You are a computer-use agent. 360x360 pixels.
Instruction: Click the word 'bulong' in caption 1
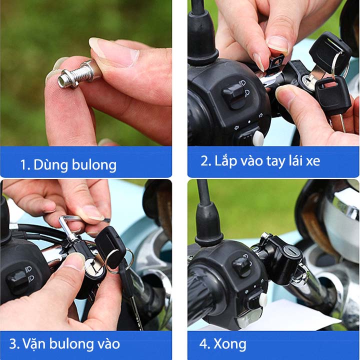[94, 165]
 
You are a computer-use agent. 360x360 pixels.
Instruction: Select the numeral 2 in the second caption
[204, 160]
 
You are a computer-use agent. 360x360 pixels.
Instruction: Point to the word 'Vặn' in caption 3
[33, 343]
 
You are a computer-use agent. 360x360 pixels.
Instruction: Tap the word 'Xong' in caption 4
[230, 344]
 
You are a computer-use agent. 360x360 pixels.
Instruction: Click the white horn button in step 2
[258, 138]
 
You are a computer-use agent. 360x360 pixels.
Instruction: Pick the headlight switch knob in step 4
[242, 266]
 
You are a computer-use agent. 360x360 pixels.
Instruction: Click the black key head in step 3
[109, 247]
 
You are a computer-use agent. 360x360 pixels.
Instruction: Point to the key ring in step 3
[119, 260]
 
